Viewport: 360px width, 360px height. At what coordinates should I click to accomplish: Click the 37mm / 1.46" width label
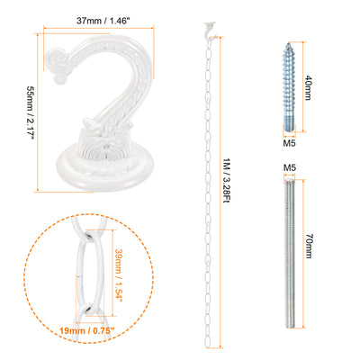100,21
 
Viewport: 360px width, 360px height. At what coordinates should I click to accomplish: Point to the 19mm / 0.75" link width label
87,331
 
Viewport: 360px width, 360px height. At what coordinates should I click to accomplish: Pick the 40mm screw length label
308,87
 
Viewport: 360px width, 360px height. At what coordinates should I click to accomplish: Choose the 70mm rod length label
309,246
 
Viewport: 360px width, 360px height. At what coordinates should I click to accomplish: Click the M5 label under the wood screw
290,143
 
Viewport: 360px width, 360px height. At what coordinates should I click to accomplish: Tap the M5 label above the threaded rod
290,167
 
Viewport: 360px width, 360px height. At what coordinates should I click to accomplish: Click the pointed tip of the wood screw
289,44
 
